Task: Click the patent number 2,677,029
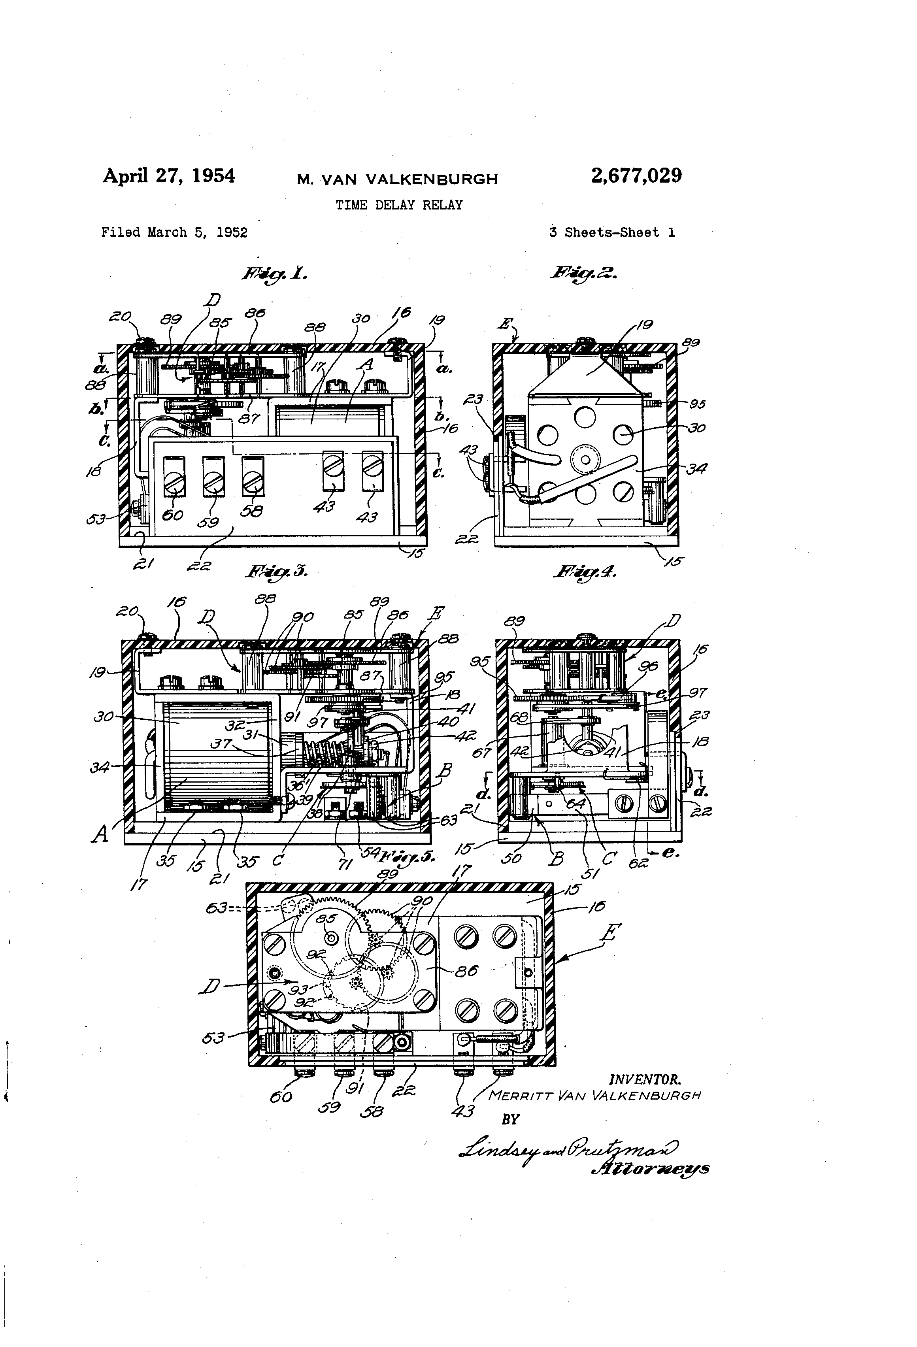coord(636,175)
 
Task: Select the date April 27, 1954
coord(169,175)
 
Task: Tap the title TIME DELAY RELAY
coord(399,205)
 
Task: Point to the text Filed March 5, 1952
coord(174,232)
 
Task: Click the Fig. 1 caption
coord(274,274)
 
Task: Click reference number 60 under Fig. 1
coord(173,514)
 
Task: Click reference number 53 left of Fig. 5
coord(213,1038)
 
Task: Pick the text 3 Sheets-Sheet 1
coord(611,232)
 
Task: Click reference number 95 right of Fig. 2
coord(697,404)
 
